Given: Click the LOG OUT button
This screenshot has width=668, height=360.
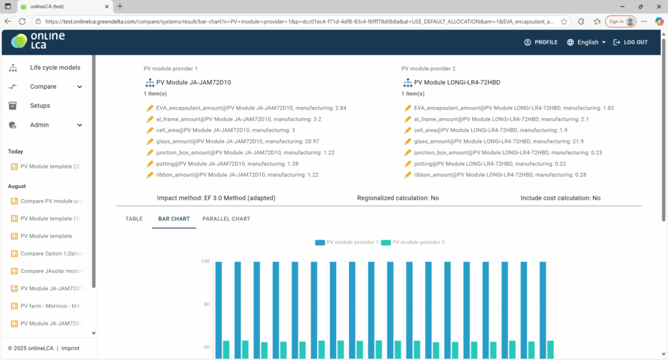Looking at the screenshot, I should (x=630, y=42).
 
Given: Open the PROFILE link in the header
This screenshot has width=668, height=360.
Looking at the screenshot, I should (x=541, y=42).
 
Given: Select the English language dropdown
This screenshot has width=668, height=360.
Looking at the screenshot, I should (x=586, y=42).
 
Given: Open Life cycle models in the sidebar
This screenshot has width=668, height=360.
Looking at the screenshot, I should (x=55, y=68).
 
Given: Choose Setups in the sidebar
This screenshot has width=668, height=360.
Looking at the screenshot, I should (x=40, y=106).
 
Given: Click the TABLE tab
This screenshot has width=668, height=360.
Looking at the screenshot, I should (x=134, y=219).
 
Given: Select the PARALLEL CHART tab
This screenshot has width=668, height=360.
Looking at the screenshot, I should (x=226, y=219).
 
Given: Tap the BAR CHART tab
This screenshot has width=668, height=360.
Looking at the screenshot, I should (x=174, y=219).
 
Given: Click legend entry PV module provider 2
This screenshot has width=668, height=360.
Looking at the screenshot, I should (x=413, y=243).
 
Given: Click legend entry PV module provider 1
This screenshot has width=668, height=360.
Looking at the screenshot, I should (x=346, y=243).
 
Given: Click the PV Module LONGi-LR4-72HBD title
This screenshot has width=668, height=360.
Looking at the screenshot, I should (x=457, y=83).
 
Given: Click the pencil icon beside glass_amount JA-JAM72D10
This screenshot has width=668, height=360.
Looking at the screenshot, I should (x=150, y=142).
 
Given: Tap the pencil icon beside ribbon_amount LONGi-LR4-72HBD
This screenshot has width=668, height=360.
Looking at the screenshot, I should (x=408, y=175).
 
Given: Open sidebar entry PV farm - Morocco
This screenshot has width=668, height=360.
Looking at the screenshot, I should (x=51, y=306).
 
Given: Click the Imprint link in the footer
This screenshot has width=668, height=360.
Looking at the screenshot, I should (x=70, y=348).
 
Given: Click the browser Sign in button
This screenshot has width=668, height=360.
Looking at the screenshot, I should (x=620, y=21).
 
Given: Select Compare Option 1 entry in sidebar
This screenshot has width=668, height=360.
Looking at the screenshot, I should (x=51, y=253).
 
